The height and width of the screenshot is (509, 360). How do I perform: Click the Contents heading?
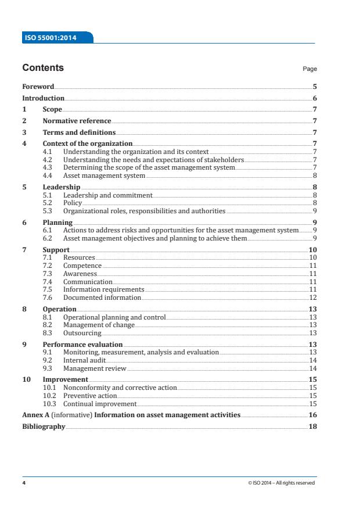[43, 69]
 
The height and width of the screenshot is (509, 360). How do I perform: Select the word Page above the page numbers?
[310, 69]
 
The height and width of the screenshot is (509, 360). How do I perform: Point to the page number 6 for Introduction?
[314, 99]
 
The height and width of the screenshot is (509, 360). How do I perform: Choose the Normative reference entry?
[77, 121]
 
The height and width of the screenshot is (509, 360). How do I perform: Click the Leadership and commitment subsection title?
[107, 195]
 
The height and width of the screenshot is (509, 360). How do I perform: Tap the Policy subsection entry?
[73, 203]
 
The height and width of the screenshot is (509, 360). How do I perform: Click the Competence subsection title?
[82, 266]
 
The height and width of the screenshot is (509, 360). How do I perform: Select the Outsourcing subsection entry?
[82, 333]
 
